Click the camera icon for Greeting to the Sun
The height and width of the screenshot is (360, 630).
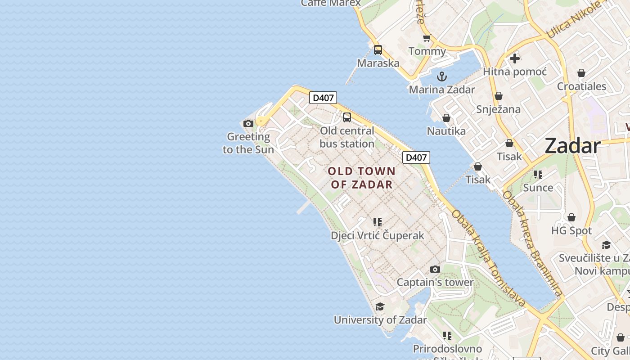[x=248, y=123]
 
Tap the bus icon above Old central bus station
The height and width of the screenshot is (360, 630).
[x=346, y=117]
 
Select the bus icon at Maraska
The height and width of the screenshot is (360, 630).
[x=378, y=50]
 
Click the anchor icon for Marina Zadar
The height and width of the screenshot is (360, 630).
[x=442, y=76]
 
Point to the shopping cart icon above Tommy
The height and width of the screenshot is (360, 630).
[x=427, y=38]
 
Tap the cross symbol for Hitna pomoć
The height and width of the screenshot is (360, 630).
[x=515, y=58]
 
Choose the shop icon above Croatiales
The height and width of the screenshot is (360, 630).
[x=581, y=73]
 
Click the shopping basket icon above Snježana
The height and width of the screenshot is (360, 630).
[x=498, y=96]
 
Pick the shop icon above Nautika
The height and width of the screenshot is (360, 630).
[x=446, y=118]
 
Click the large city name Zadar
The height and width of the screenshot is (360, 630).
[x=572, y=146]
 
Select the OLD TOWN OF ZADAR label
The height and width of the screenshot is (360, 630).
[x=362, y=178]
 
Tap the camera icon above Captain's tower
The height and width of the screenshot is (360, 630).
[x=435, y=269]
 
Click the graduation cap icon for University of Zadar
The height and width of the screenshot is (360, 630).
[x=380, y=307]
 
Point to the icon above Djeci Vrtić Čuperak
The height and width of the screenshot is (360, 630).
[x=377, y=222]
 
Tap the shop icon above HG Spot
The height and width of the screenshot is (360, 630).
[x=571, y=218]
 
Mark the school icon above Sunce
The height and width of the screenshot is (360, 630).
[x=538, y=175]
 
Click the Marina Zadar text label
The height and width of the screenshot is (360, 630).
[x=442, y=90]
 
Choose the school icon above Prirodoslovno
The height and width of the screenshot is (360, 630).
[x=447, y=336]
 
